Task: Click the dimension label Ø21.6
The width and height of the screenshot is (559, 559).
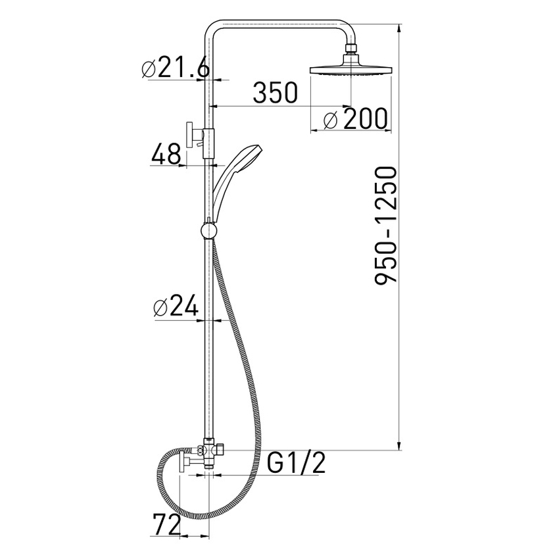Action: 176,67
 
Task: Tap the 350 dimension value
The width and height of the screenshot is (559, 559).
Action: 275,93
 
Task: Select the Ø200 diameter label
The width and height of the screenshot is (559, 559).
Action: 355,118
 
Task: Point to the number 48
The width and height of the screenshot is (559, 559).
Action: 166,155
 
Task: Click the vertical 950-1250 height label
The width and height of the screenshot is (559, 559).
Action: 386,226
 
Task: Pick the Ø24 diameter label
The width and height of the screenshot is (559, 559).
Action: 176,306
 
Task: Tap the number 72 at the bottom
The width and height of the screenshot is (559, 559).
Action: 167,524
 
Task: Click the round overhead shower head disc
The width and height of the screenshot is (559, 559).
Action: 352,70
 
